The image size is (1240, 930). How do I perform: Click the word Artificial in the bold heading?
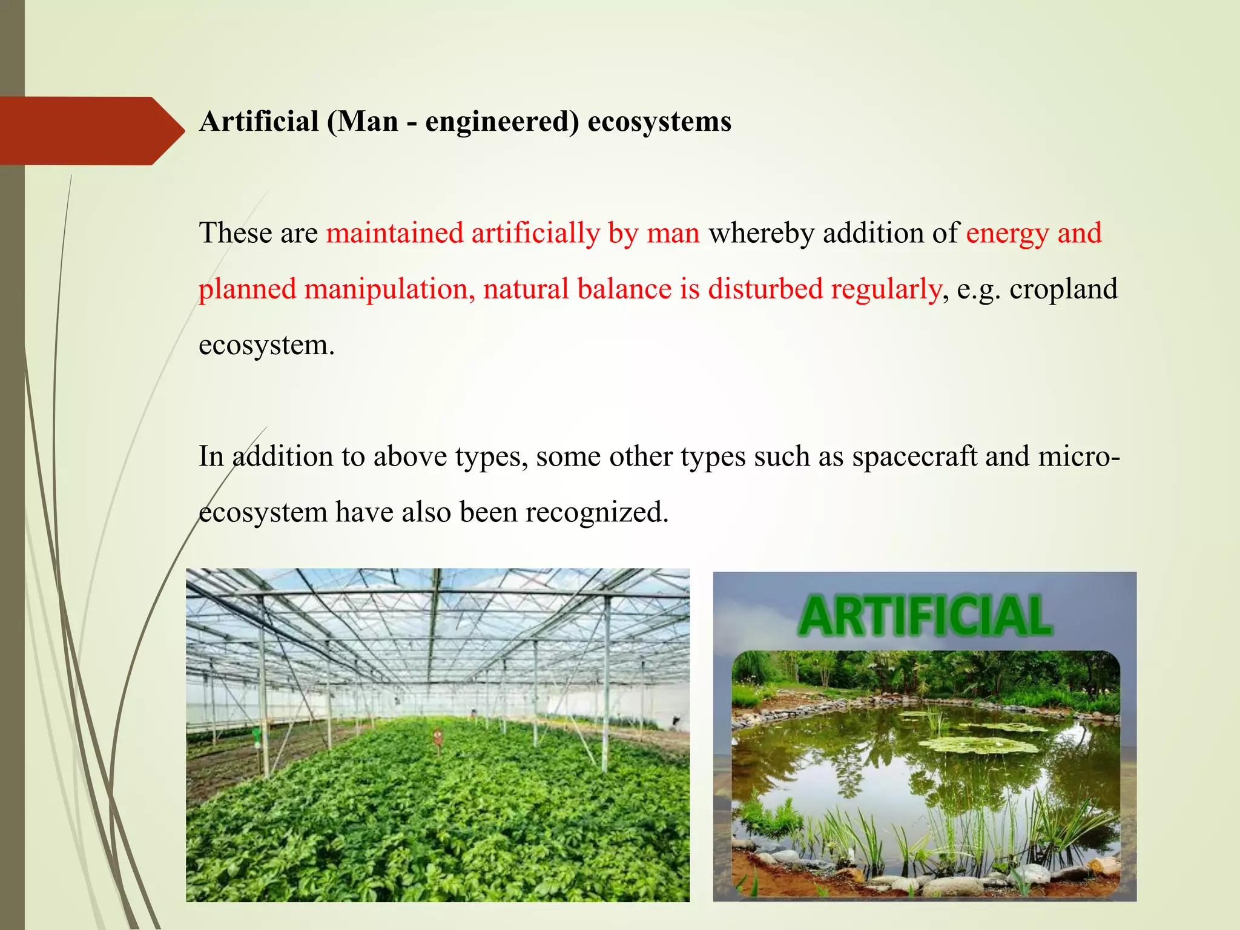point(259,122)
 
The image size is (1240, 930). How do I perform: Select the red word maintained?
point(395,233)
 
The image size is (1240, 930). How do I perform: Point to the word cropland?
point(1063,289)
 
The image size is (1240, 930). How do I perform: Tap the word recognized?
point(596,513)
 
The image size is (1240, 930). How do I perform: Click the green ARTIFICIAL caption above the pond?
point(925,616)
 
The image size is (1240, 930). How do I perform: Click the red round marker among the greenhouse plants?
point(438,737)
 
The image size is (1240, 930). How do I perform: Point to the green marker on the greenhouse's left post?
point(257,736)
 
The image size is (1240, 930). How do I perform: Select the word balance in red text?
point(624,289)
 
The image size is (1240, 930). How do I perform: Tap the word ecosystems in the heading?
point(659,122)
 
